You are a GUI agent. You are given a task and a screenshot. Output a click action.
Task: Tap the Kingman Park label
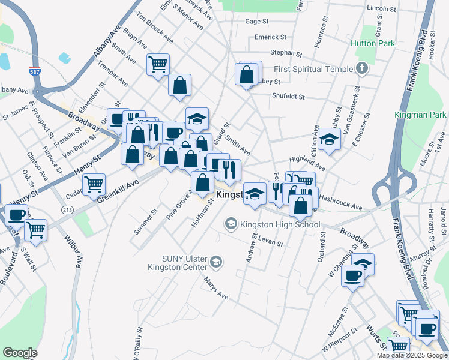tap(421, 114)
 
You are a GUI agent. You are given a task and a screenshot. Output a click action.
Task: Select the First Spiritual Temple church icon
tap(361, 68)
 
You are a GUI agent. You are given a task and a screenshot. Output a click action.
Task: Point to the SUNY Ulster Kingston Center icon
tap(216, 262)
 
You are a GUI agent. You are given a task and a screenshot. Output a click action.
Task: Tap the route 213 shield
tap(67, 209)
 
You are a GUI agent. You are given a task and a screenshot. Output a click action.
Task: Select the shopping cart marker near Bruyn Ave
tap(158, 64)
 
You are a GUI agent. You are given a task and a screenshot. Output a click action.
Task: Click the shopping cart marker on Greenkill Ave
tap(94, 184)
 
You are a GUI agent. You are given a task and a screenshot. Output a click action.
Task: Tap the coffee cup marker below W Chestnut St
tap(352, 276)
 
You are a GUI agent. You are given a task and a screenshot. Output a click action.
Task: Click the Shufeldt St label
tap(289, 96)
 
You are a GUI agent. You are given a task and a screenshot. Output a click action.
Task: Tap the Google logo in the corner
tap(20, 353)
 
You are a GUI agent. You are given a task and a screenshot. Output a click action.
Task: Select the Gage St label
tap(256, 21)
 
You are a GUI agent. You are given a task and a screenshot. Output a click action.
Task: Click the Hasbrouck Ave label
tap(341, 202)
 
